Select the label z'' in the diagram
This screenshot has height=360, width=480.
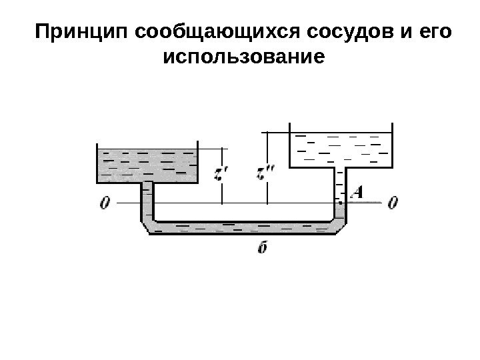coord(265,175)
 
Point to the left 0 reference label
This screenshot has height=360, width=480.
coord(103,201)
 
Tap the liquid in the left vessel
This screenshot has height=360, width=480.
coord(147,165)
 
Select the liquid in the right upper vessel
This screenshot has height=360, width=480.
coord(340,149)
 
